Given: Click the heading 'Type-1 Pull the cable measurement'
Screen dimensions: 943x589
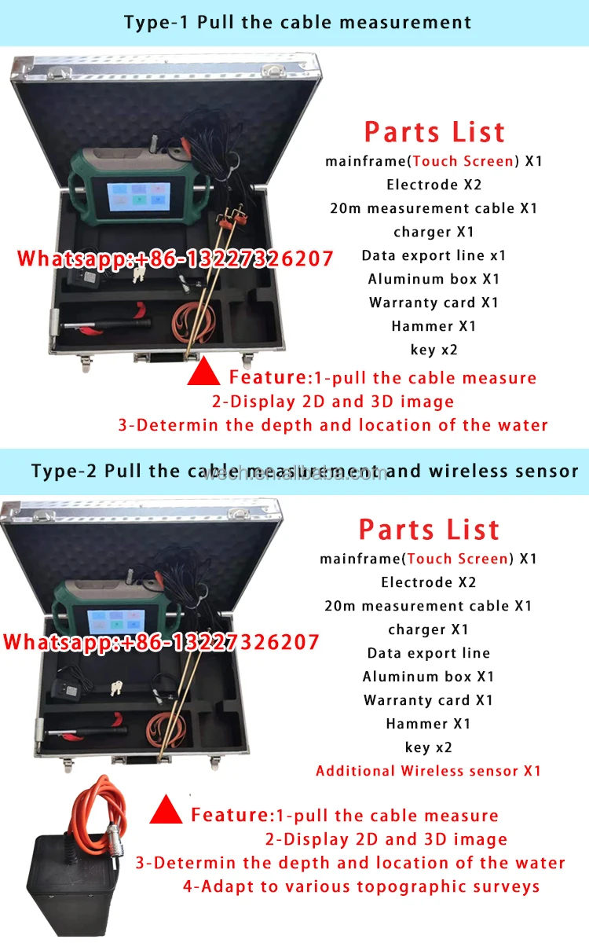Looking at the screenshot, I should [297, 21].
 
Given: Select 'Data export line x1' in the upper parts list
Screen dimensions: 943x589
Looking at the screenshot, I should [434, 255].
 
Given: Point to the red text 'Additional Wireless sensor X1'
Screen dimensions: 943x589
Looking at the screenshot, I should [428, 771].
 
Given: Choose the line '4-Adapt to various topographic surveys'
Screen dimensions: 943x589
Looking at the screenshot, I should [361, 886].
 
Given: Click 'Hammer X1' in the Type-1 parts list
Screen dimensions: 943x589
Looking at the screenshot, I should [434, 326].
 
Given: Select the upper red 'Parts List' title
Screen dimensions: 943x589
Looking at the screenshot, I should [434, 132].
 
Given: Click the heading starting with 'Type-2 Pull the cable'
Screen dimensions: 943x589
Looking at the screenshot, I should [305, 471].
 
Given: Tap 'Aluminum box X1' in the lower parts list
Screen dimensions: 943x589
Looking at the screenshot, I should [428, 677].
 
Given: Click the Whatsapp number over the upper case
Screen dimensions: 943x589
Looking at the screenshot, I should [175, 259].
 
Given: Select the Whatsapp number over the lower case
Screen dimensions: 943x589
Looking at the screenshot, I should [161, 642].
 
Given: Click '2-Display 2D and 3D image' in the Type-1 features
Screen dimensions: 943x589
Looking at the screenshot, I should [333, 402].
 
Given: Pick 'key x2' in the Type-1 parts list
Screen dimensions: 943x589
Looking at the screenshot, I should [434, 350].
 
